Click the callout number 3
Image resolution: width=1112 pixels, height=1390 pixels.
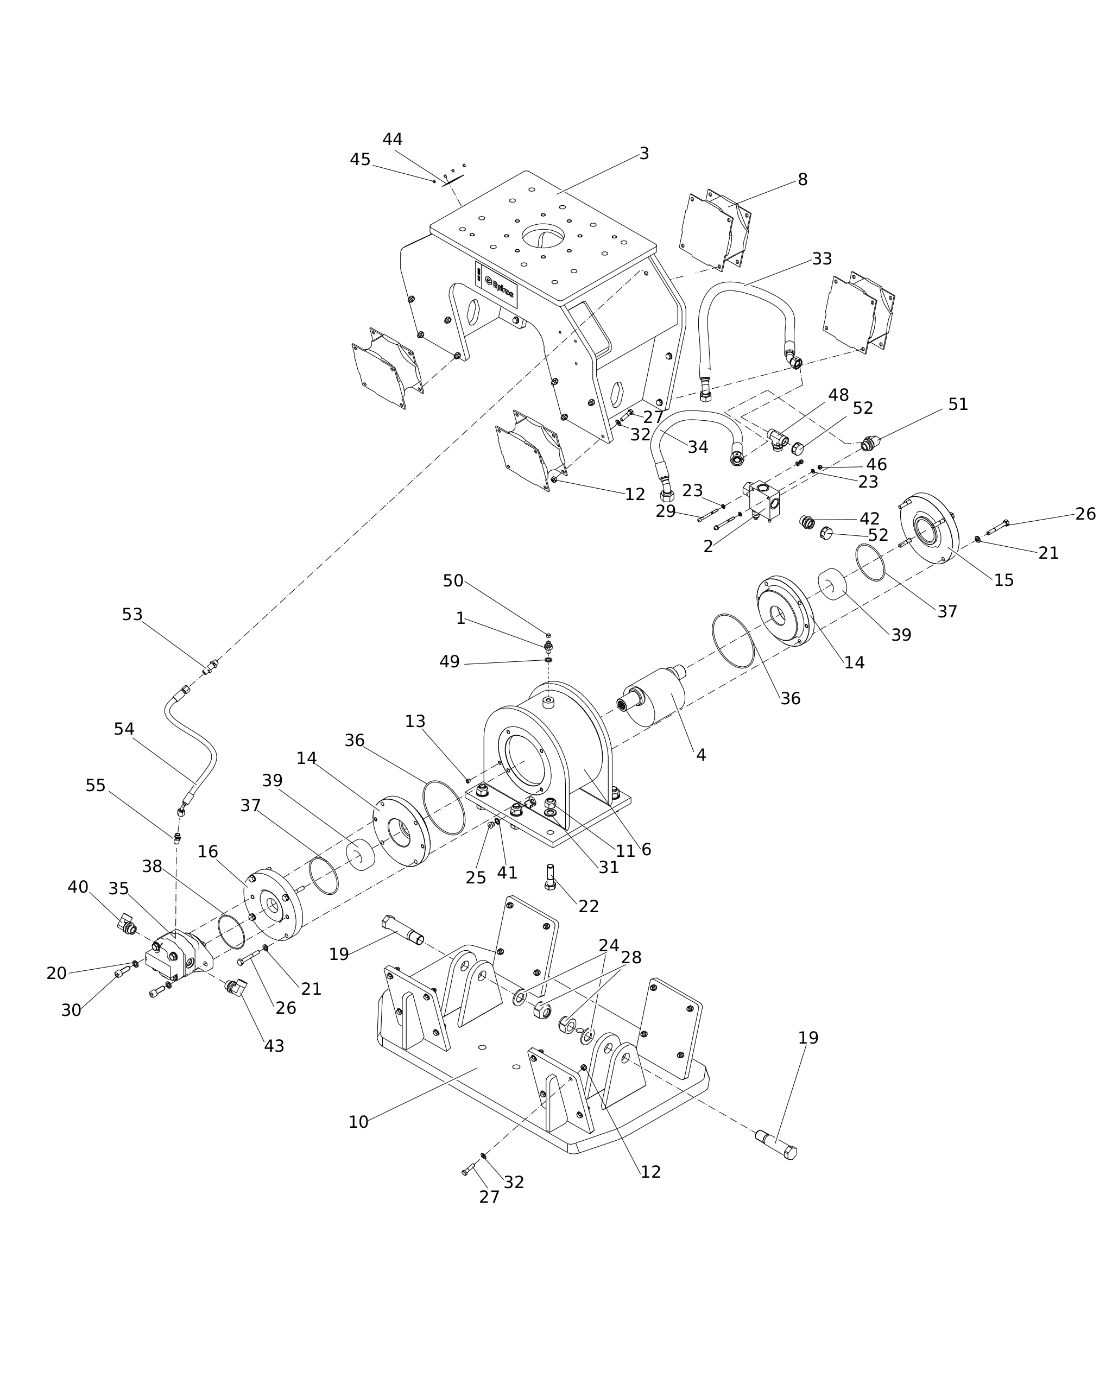[643, 154]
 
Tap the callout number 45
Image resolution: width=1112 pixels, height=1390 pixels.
[359, 159]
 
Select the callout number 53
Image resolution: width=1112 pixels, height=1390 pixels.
[131, 615]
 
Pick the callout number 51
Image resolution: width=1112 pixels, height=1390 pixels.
[957, 404]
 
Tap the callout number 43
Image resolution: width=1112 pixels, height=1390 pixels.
[274, 1046]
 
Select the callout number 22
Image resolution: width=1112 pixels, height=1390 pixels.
[588, 906]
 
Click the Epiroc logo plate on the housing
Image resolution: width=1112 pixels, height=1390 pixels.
[496, 285]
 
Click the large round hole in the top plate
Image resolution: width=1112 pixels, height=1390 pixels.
[543, 236]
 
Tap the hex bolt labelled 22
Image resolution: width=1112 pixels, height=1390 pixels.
[550, 877]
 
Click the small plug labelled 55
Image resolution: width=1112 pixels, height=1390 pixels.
[177, 837]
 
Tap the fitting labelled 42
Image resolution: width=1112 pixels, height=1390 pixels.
[806, 522]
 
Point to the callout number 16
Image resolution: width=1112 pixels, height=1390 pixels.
[207, 852]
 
